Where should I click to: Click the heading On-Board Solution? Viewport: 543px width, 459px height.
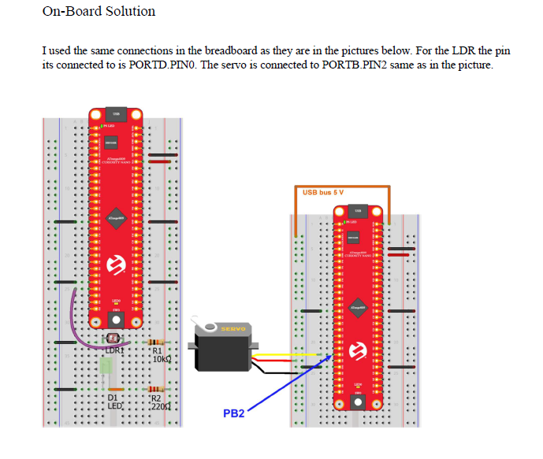tap(99, 12)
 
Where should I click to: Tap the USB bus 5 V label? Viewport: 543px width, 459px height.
tap(323, 192)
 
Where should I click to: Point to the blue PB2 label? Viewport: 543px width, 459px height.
tap(234, 413)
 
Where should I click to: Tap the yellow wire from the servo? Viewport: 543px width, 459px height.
tap(292, 354)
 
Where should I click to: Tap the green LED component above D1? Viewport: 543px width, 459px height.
tap(106, 368)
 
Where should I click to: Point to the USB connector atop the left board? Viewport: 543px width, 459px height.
tap(115, 114)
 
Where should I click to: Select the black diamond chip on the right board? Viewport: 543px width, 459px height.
tap(358, 308)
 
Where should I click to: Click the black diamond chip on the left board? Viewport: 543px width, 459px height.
tap(116, 220)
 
